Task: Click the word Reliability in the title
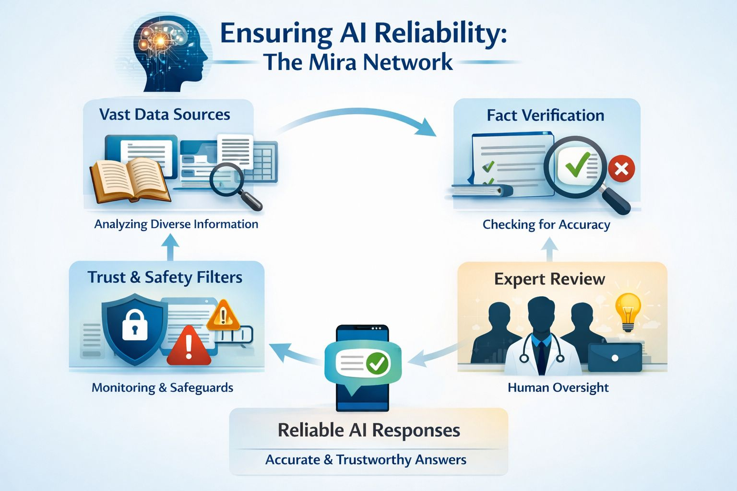click(x=440, y=34)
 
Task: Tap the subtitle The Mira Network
click(x=358, y=62)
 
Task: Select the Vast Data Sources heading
click(x=165, y=115)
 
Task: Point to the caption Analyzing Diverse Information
click(x=176, y=224)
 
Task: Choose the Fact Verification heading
click(x=545, y=116)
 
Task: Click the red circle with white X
click(x=621, y=169)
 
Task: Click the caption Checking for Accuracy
click(x=546, y=224)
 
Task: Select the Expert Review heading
click(x=549, y=279)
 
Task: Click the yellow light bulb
click(x=628, y=310)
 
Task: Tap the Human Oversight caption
click(x=558, y=387)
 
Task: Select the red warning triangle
click(x=189, y=347)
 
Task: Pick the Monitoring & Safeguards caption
click(x=162, y=387)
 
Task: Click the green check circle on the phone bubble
click(x=378, y=363)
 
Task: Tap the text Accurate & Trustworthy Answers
click(x=366, y=460)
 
